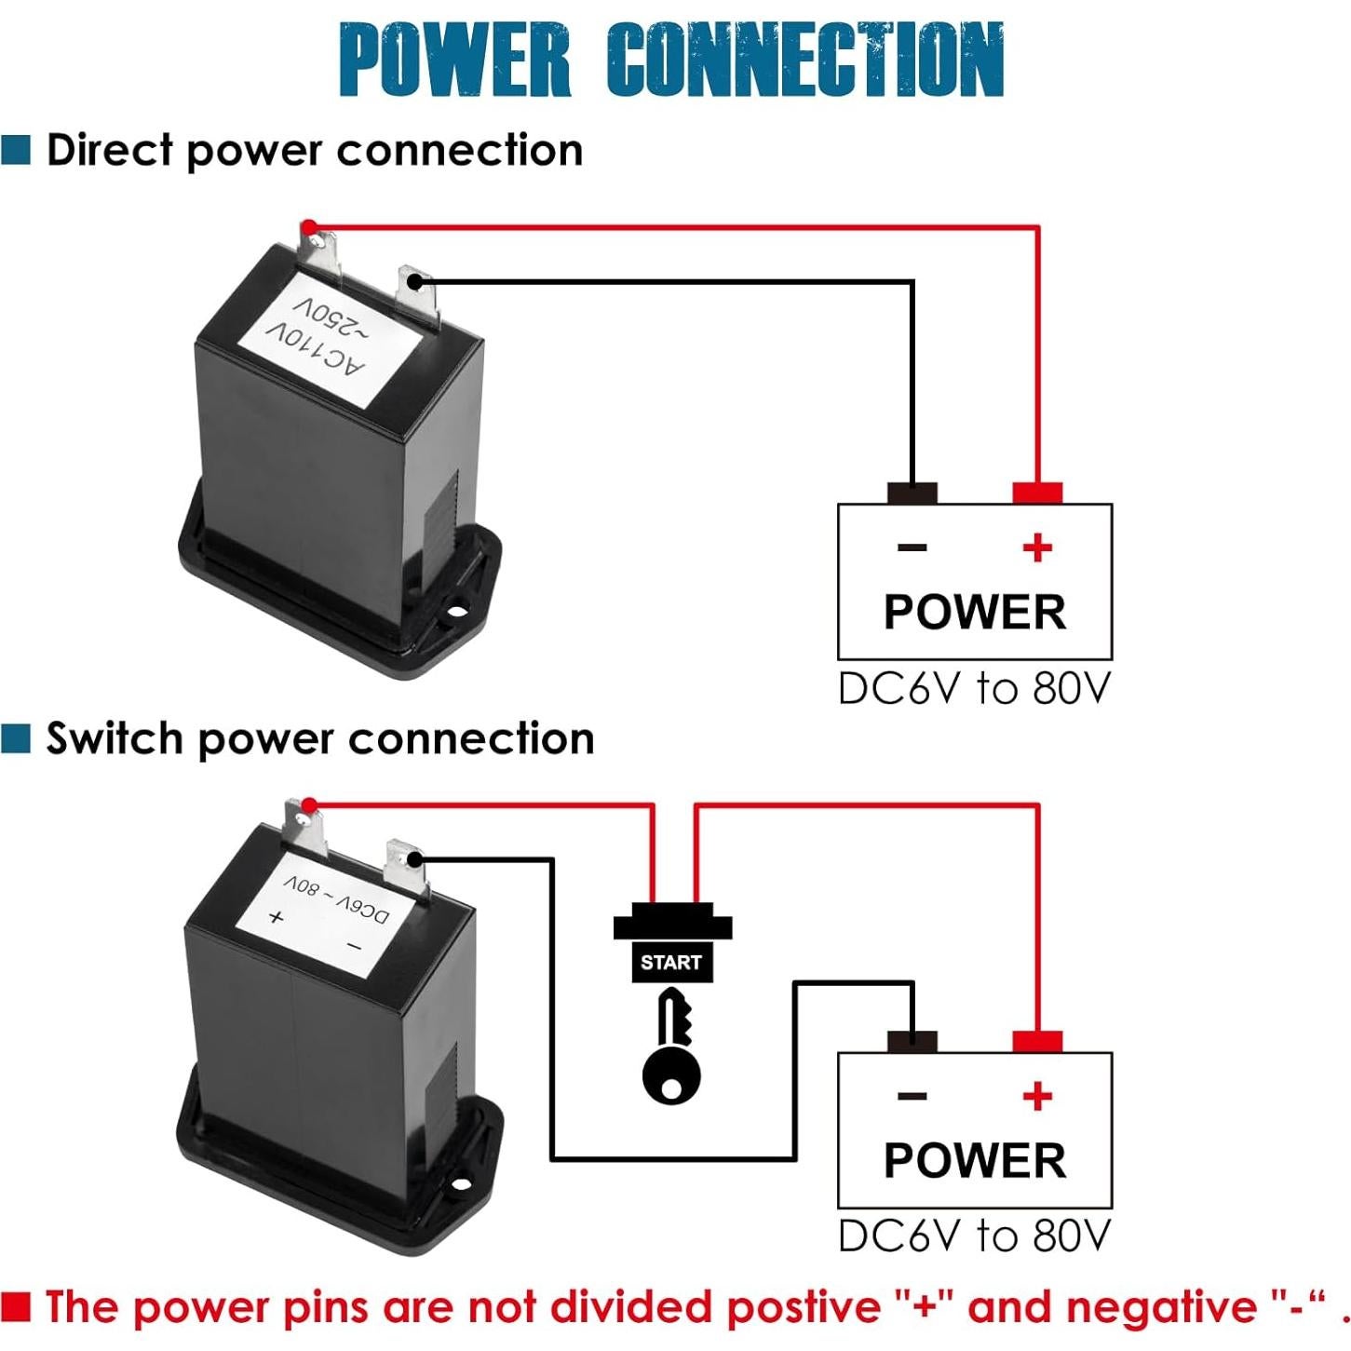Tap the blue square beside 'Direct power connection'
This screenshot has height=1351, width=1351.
tap(16, 149)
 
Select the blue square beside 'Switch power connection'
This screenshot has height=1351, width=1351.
tap(16, 737)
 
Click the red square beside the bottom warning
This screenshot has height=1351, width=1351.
tap(16, 1306)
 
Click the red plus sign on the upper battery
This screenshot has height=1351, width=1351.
tap(1037, 547)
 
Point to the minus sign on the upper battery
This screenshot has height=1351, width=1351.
tap(912, 547)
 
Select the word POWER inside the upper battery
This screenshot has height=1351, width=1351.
tap(974, 612)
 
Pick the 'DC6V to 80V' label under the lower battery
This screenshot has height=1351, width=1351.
tap(974, 1236)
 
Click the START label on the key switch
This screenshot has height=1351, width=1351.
tap(670, 963)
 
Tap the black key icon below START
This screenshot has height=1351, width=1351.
tap(672, 1047)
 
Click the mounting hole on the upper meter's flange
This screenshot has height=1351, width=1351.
tap(456, 615)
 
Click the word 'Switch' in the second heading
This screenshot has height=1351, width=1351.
tap(114, 737)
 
